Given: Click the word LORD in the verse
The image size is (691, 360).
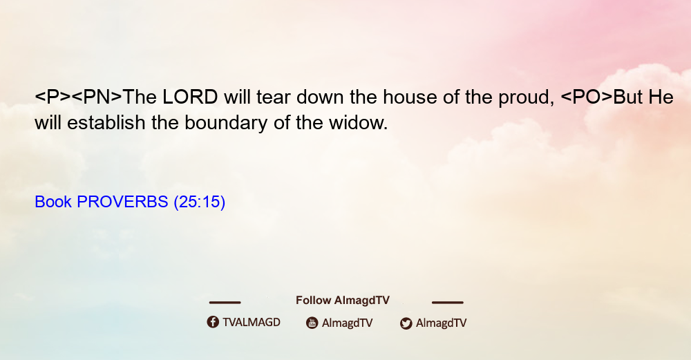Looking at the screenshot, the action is coord(190,97).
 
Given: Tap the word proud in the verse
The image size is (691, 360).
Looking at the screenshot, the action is coord(526,98).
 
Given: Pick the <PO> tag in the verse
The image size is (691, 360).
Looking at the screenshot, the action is coord(587,97).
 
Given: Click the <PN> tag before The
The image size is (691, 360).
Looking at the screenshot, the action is coord(97,97).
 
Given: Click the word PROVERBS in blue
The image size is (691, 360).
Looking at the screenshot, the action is coord(122,202).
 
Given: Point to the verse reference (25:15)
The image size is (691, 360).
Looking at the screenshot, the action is coord(200,202).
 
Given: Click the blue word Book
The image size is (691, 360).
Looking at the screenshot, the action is coord(53,202).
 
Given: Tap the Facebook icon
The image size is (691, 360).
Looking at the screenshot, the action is coord(213,322).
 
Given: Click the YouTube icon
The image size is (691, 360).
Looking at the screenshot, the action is coord(312,323).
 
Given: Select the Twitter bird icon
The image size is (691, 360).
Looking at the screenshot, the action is coord(406,323).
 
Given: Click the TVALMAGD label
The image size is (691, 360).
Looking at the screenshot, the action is coord(252,322).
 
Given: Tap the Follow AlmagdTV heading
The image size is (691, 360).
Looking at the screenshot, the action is coord(343,301).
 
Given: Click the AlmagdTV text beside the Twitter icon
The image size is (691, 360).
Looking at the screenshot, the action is coord(441,323).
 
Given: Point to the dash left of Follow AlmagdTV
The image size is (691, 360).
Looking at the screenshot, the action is coord(225,303).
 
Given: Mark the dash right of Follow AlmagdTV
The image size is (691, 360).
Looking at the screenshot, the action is coord(448,303).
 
